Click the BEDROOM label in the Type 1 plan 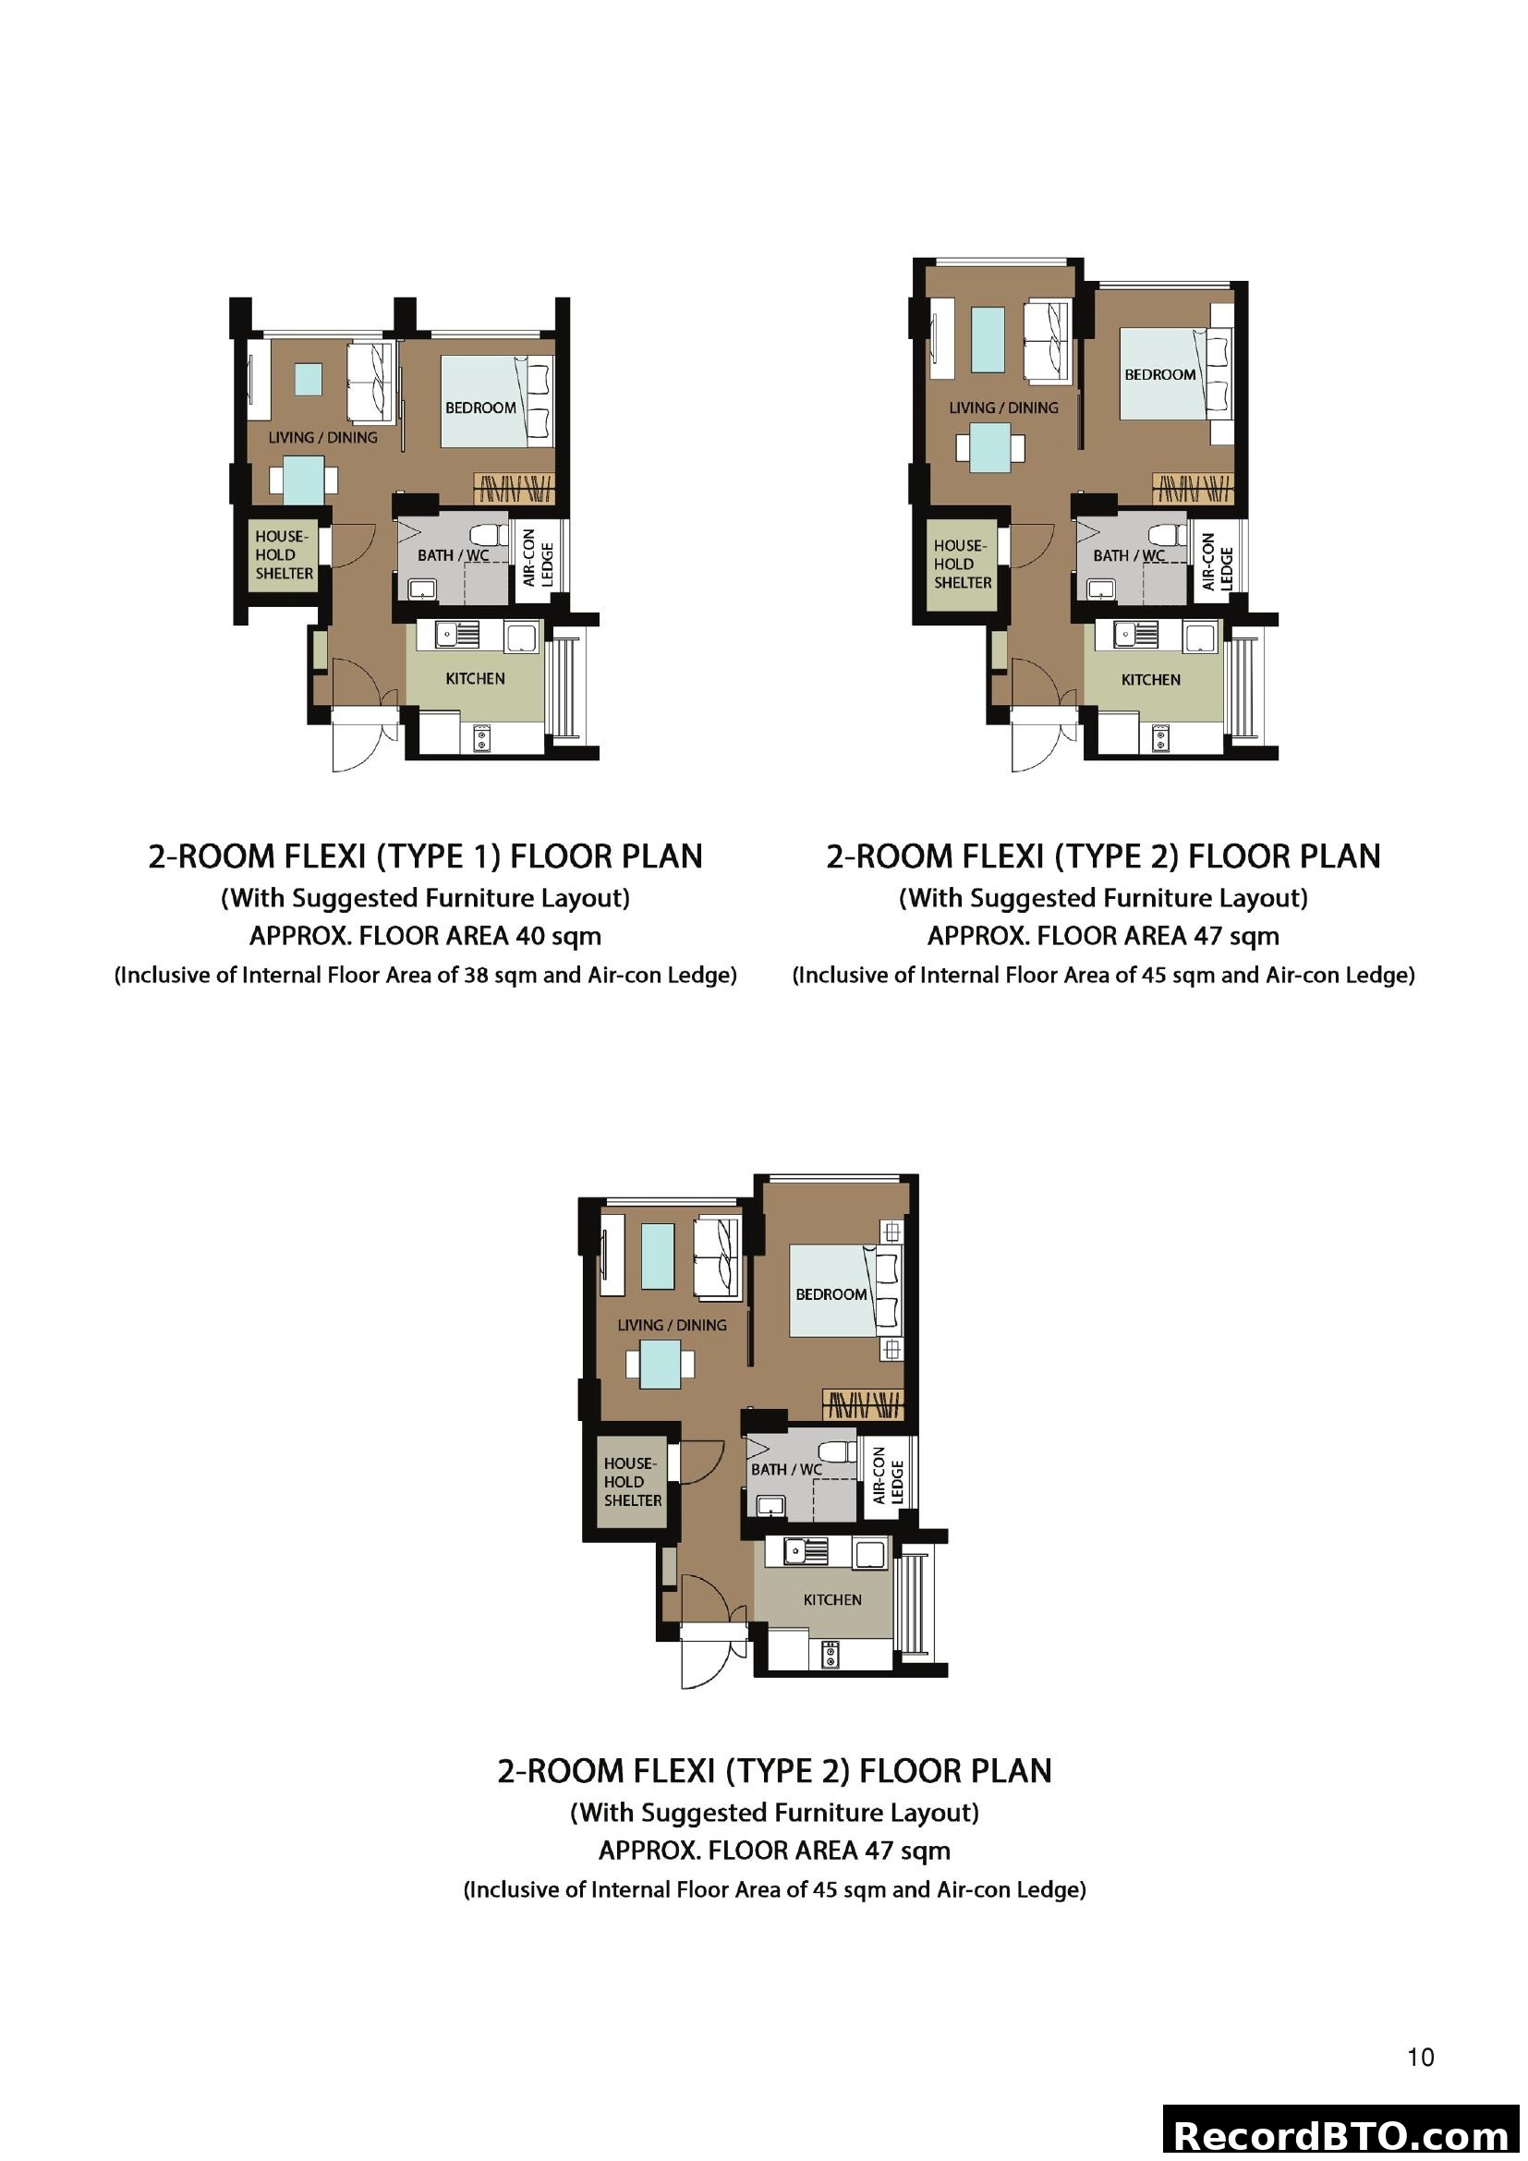(x=479, y=407)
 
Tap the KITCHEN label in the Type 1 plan (x=475, y=679)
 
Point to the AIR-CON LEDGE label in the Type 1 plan (x=539, y=557)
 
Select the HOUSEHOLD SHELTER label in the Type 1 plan (x=285, y=555)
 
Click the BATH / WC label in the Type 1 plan (x=454, y=555)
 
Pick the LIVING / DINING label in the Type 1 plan (x=322, y=438)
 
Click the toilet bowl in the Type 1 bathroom (x=489, y=535)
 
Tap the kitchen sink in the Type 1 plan (x=456, y=636)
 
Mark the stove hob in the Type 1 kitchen (x=481, y=738)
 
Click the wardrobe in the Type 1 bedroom (x=514, y=489)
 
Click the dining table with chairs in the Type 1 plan (x=303, y=480)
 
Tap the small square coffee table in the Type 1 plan (x=308, y=380)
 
